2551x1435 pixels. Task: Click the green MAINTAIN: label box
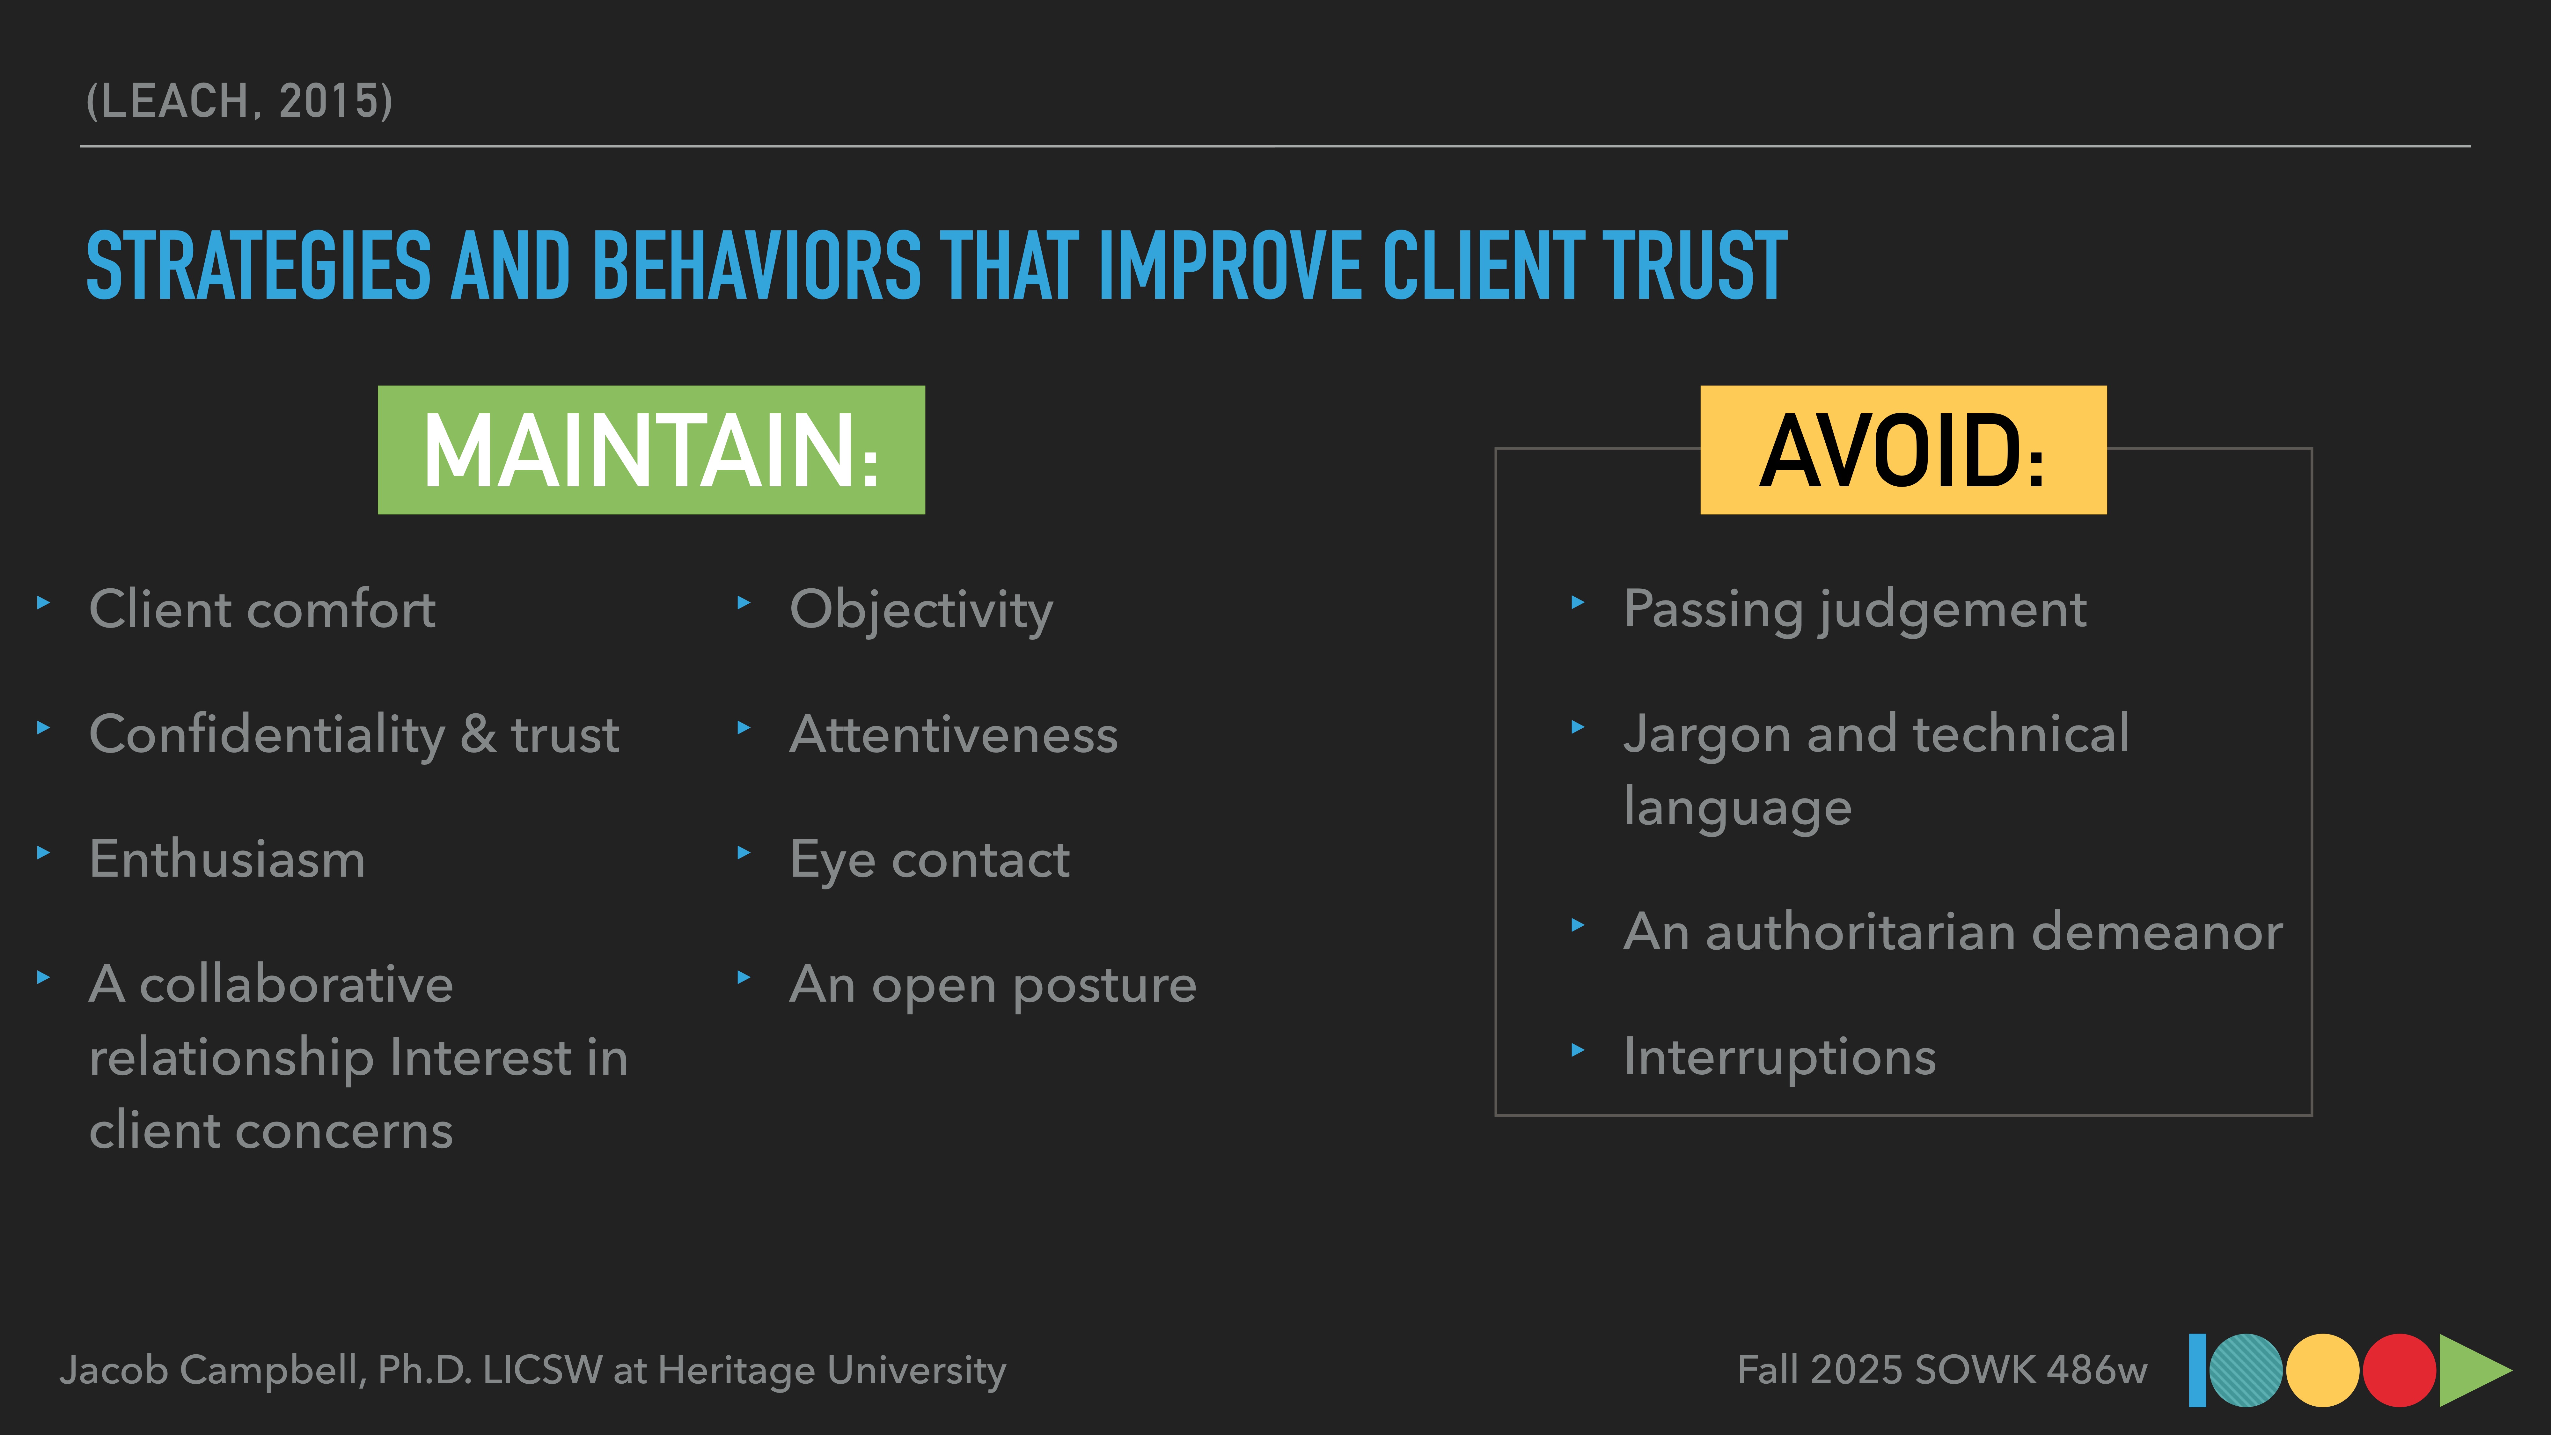point(651,450)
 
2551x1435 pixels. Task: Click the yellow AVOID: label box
point(1902,450)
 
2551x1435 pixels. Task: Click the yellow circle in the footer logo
point(2322,1371)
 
